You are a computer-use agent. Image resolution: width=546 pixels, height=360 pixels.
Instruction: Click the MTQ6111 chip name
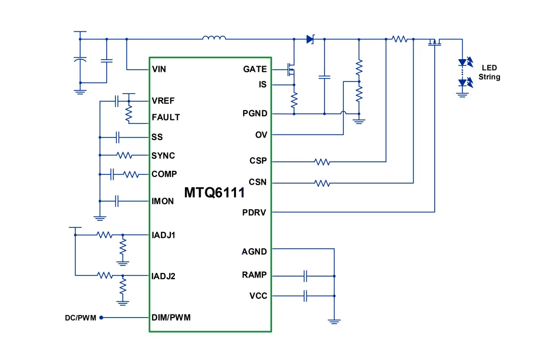[214, 193]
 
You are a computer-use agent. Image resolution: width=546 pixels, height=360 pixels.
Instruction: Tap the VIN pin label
[159, 69]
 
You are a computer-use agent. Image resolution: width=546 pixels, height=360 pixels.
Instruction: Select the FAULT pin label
[166, 117]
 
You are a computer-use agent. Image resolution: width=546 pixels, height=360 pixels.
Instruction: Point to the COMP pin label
[164, 174]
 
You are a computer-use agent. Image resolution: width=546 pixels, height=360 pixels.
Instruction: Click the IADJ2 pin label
[163, 276]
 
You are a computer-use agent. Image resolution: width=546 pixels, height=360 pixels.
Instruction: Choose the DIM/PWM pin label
[171, 318]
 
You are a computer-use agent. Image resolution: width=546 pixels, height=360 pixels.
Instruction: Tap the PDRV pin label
[254, 212]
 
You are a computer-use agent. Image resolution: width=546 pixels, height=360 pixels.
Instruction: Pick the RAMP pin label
[254, 275]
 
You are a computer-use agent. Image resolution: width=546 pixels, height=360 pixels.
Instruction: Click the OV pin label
[261, 134]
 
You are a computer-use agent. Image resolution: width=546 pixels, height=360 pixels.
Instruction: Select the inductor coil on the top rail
[214, 37]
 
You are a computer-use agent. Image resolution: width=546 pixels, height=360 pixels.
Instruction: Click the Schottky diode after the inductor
[310, 39]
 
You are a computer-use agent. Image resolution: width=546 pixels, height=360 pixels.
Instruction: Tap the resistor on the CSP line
[322, 162]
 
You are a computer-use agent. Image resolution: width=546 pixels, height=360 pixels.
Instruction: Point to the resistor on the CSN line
[322, 183]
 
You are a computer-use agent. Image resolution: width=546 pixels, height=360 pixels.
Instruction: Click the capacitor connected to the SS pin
[117, 137]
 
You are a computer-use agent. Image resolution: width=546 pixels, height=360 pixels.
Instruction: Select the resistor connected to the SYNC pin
[124, 155]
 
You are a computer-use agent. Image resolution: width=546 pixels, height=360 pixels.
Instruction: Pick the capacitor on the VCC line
[305, 296]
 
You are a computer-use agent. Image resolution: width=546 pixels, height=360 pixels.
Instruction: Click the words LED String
[489, 72]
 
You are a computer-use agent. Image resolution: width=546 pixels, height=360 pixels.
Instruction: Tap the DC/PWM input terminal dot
[101, 318]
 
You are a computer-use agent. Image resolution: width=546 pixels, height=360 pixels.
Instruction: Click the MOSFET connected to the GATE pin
[291, 69]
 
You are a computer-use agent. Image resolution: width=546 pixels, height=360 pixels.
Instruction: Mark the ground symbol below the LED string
[462, 95]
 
